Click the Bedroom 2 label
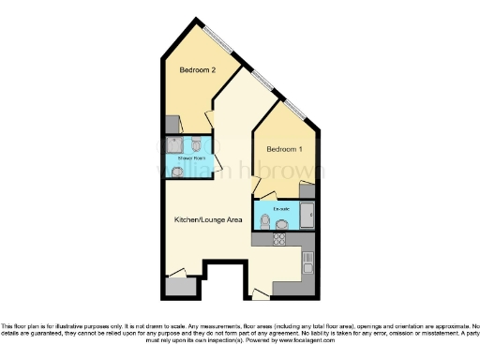coord(198,70)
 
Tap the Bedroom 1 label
coord(284,150)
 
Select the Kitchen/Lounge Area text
coord(208,219)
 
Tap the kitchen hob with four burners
coord(277,239)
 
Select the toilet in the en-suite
coord(266,222)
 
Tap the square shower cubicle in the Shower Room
coord(175,144)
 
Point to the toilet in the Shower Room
coord(195,145)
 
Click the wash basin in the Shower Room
coord(177,172)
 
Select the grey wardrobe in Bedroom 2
coord(171,123)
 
